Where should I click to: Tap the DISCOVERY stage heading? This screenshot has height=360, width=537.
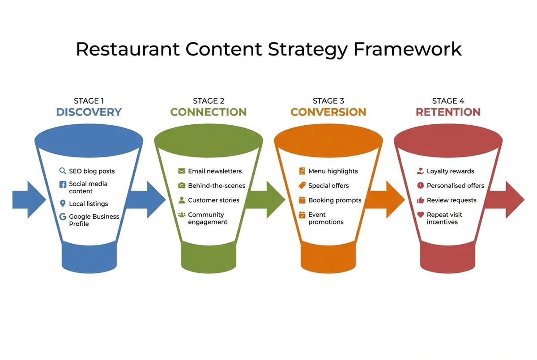tap(89, 112)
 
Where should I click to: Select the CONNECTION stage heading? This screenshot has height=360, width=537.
tap(209, 112)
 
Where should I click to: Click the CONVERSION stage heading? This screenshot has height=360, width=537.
tap(328, 112)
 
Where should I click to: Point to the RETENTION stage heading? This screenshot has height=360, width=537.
tap(448, 112)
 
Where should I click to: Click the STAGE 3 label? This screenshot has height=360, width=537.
tap(328, 101)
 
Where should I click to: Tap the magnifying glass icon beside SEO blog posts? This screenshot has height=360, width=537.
tap(63, 171)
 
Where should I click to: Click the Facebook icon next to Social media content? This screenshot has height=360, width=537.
tap(63, 184)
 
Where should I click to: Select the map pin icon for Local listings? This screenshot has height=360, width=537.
tap(63, 204)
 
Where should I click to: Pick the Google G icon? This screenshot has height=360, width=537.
tap(63, 217)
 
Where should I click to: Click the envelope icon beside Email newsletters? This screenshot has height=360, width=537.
tap(182, 171)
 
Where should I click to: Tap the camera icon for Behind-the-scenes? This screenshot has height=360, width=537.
tap(182, 186)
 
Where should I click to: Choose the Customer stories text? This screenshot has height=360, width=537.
tap(213, 200)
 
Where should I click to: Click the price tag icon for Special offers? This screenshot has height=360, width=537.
tap(302, 186)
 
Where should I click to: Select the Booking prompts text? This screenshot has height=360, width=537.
tap(335, 200)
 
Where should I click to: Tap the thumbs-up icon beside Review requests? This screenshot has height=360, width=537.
tap(420, 200)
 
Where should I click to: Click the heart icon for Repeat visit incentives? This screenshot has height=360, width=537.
tap(420, 215)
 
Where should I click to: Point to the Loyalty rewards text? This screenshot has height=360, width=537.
tap(450, 171)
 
